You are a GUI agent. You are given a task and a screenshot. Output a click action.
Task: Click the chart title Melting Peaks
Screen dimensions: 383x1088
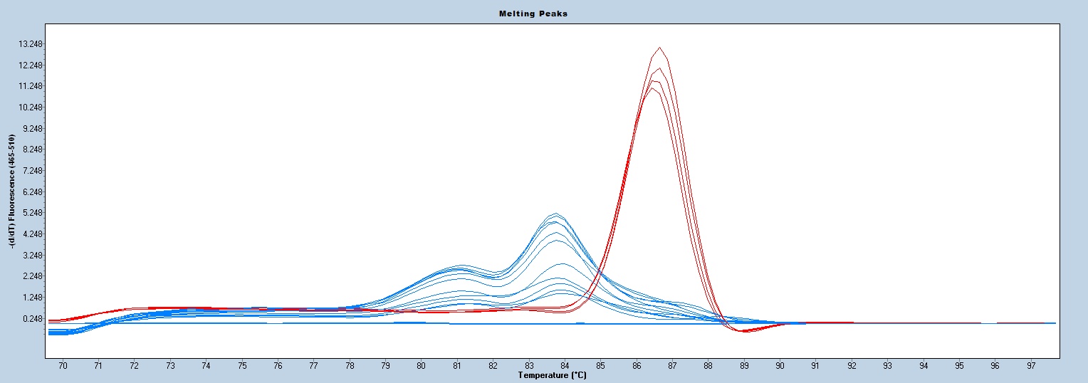point(543,14)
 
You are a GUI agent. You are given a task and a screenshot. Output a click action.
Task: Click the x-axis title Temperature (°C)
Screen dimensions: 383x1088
point(552,375)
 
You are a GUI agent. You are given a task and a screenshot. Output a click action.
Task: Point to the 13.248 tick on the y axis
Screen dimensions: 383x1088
point(31,44)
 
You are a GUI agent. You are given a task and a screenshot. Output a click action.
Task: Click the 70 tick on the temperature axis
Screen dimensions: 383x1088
point(63,366)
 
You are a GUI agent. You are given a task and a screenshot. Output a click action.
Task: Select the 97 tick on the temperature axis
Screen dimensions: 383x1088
point(1030,366)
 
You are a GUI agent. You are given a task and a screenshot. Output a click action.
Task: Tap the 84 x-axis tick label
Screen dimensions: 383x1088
point(565,366)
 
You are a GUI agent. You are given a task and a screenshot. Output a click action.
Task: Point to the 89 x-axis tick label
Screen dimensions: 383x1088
point(744,366)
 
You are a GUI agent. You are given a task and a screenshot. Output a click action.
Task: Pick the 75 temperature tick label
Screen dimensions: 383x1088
point(242,366)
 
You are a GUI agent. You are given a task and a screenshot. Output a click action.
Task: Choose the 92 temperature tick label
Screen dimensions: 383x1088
point(852,366)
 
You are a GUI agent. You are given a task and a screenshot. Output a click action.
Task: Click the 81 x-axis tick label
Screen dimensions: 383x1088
point(457,366)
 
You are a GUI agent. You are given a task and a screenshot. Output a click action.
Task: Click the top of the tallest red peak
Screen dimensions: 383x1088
point(660,48)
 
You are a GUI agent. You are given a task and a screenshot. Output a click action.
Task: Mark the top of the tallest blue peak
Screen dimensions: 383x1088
point(555,214)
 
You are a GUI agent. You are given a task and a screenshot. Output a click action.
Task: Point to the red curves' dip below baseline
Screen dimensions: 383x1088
point(744,332)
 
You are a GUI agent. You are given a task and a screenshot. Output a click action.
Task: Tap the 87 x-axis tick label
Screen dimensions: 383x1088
point(672,366)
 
